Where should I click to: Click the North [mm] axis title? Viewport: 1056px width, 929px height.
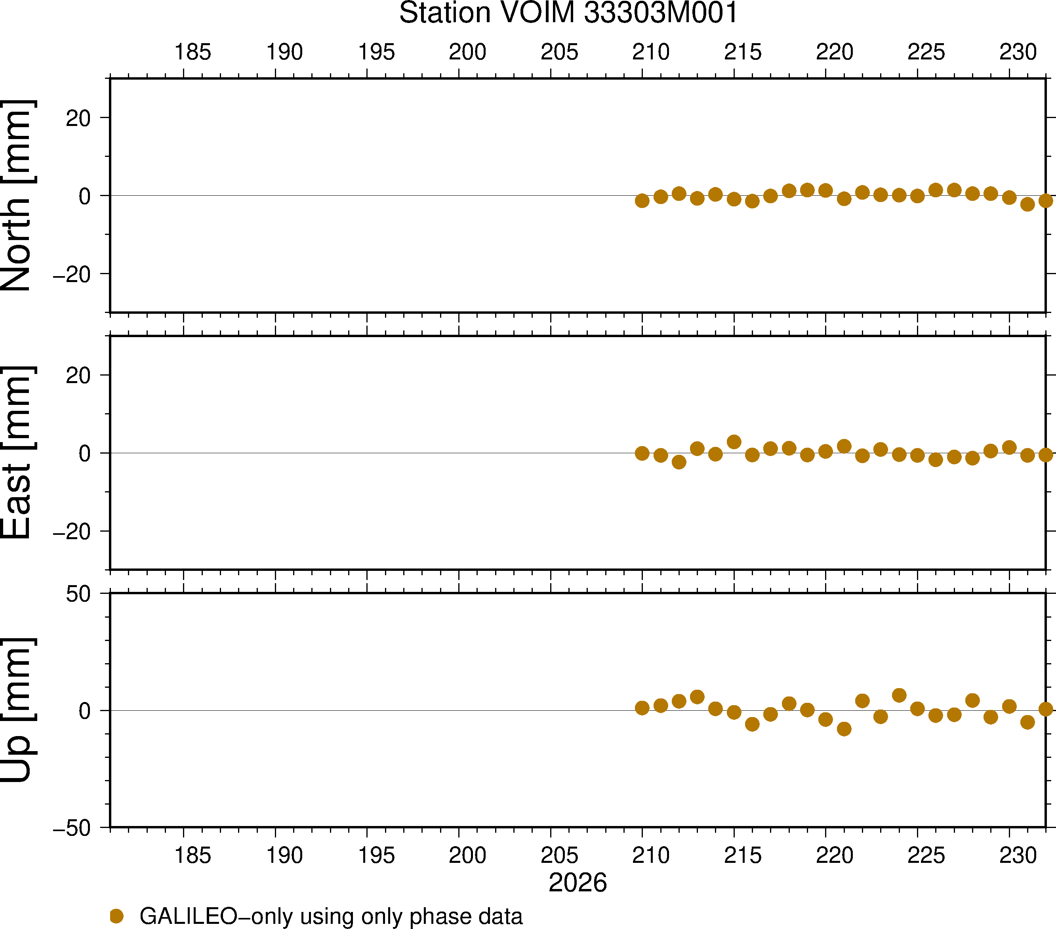(17, 195)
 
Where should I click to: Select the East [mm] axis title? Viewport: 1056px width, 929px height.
(17, 453)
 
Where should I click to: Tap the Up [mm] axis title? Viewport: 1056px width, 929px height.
(17, 710)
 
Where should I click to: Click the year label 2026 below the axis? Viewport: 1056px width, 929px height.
(578, 883)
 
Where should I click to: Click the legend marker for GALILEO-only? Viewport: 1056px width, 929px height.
(117, 916)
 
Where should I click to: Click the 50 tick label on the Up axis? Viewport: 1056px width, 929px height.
(78, 594)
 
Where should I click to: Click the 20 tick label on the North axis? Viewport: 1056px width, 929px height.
(78, 118)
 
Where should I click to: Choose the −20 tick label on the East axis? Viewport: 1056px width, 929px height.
(72, 532)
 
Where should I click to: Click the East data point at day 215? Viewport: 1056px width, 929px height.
(734, 442)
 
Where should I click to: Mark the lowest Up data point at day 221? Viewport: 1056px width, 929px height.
(844, 729)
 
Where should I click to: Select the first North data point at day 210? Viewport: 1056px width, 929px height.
(642, 200)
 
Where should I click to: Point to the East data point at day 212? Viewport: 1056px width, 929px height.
(679, 462)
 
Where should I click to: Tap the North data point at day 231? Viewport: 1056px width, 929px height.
(1027, 204)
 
